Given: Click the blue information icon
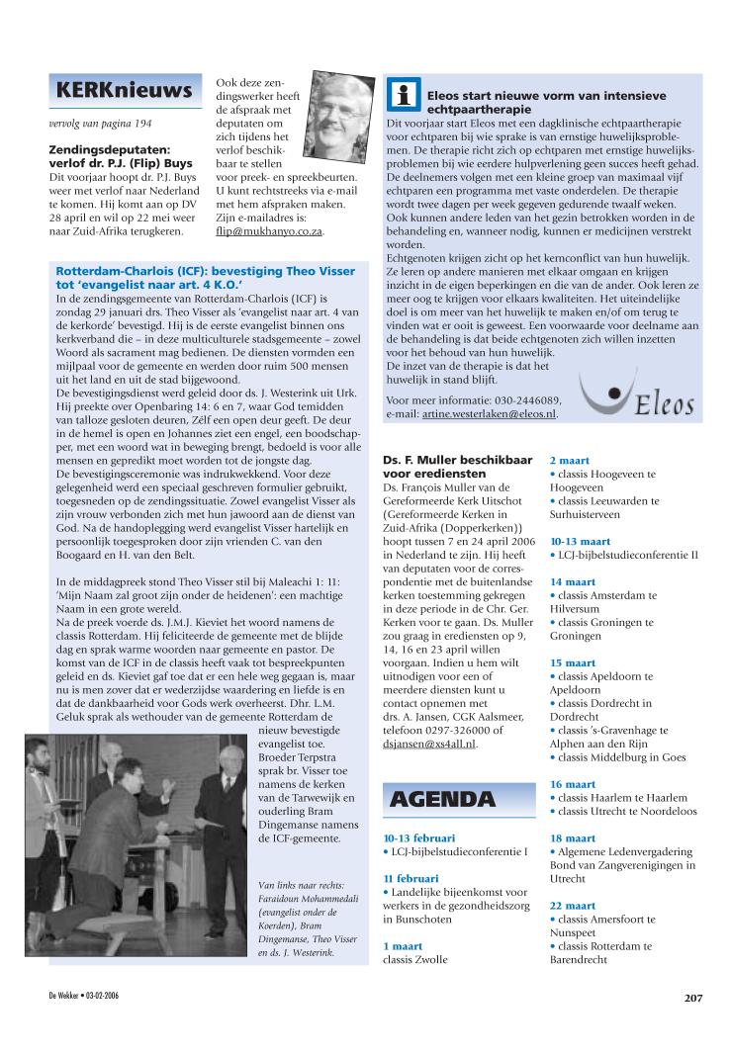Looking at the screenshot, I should click(403, 95).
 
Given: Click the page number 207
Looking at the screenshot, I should click(692, 997).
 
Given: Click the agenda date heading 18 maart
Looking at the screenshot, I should click(573, 836).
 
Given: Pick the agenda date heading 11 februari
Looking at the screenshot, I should click(411, 878).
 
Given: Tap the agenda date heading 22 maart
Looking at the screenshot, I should click(573, 905).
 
